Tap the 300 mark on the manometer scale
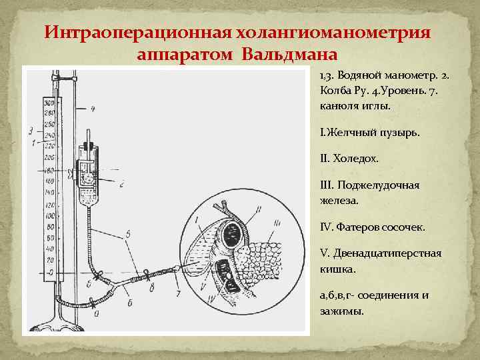(49, 103)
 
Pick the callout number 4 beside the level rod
(93, 108)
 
